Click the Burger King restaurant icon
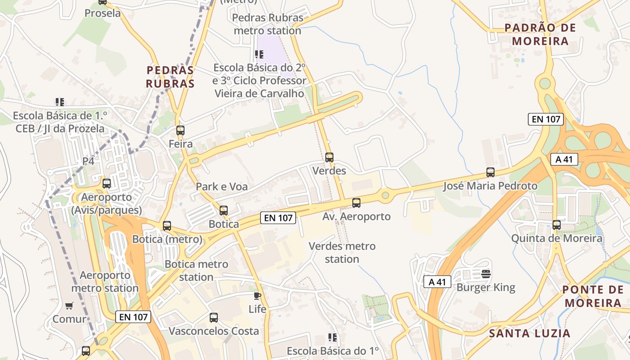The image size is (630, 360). coord(486,273)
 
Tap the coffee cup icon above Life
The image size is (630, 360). coord(257,296)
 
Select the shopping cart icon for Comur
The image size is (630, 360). coord(69,306)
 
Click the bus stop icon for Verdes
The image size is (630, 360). coord(329,157)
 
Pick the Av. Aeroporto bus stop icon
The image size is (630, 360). coord(356,203)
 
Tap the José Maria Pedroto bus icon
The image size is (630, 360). coord(490,172)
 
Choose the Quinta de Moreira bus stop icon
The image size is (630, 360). coord(557,225)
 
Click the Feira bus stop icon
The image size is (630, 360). coord(180,130)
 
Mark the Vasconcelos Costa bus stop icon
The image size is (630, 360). coord(214,318)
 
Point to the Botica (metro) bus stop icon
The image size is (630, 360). coord(167,226)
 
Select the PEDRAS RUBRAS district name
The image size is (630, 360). coord(171,77)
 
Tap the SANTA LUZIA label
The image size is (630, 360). coord(530,333)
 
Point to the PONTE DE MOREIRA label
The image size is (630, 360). coord(593,296)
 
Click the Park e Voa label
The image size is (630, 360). coord(221,186)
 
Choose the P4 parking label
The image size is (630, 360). coord(88,161)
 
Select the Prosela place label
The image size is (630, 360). coord(103,13)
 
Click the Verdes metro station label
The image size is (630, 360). coord(342,252)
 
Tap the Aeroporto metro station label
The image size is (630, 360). coord(105,281)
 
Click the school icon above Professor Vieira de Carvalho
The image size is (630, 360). coord(259,54)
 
